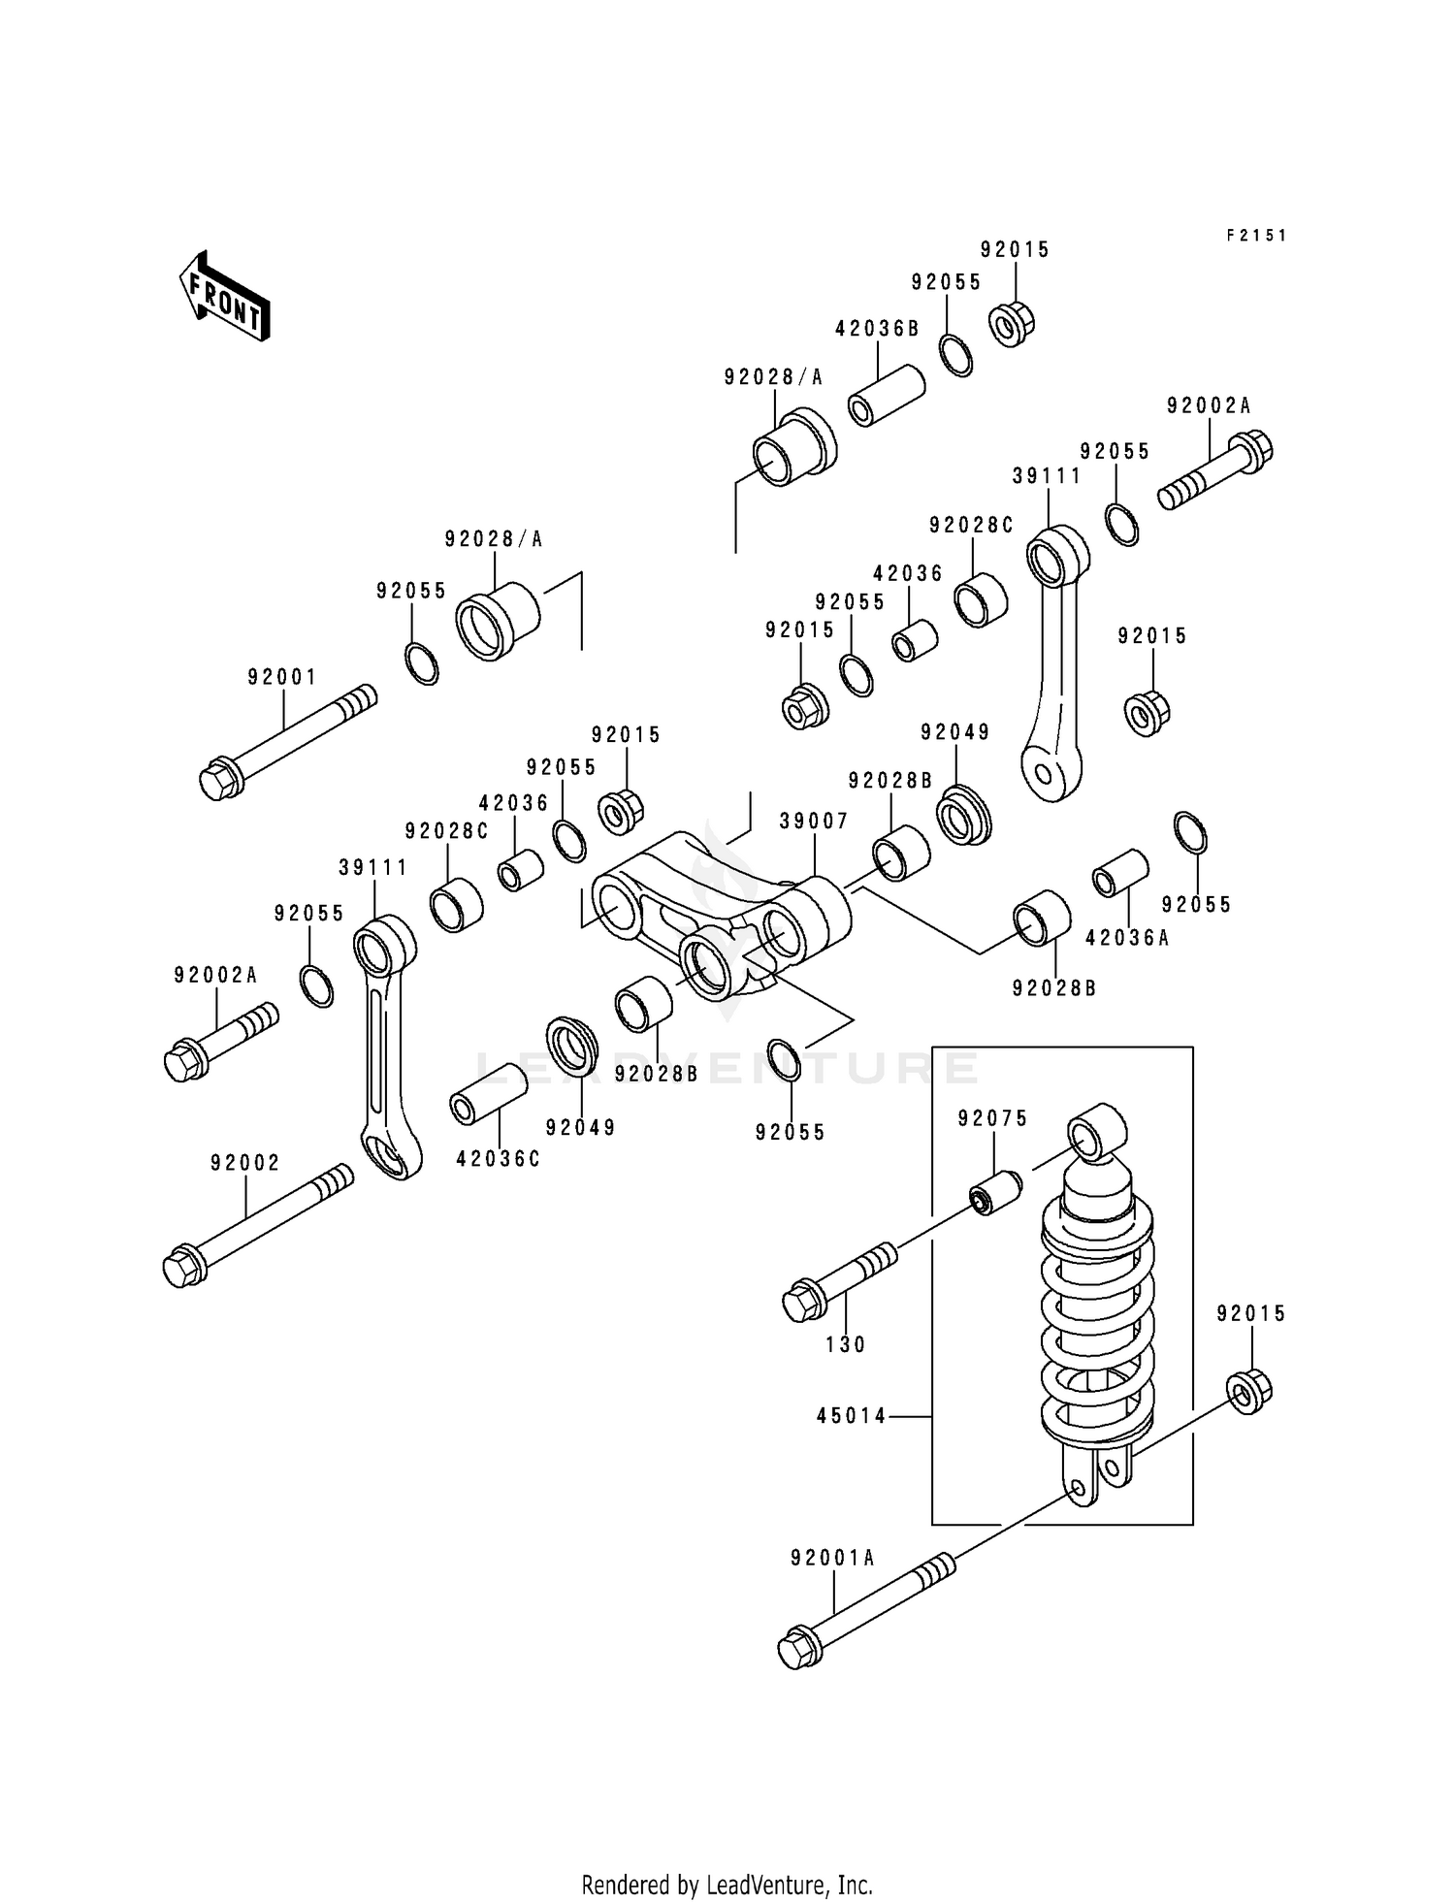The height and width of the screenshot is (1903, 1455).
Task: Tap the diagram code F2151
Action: [1255, 236]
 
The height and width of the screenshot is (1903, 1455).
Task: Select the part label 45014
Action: [851, 1416]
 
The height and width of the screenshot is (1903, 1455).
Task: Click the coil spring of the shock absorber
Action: [1097, 1319]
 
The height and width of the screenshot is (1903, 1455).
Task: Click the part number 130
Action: [845, 1344]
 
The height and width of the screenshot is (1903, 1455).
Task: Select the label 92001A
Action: [832, 1559]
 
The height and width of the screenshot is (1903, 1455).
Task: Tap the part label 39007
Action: [813, 822]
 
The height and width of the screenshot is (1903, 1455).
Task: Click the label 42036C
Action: [498, 1159]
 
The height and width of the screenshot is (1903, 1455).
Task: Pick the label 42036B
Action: [877, 329]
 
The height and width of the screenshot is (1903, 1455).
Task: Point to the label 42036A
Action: [1127, 938]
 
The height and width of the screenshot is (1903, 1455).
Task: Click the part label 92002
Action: [245, 1162]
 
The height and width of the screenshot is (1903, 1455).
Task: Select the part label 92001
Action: [281, 677]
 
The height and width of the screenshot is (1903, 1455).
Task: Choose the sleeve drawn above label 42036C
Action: [488, 1093]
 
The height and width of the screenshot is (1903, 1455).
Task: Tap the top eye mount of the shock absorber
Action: [1097, 1132]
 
